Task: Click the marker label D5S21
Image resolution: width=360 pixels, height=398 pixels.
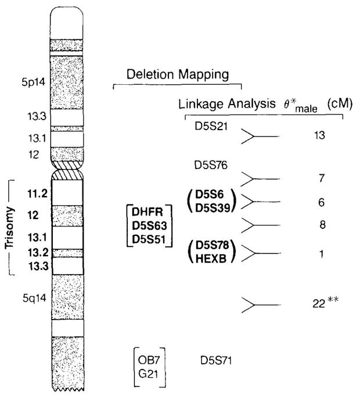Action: [x=204, y=126]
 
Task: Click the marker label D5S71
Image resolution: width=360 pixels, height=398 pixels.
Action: [x=215, y=358]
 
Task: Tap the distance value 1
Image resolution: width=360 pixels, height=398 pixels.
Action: [x=322, y=254]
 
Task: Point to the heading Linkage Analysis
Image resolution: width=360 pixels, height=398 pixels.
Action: [x=226, y=104]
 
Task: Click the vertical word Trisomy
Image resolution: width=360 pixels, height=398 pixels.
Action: [x=16, y=226]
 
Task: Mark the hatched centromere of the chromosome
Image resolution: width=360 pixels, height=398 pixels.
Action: [x=68, y=173]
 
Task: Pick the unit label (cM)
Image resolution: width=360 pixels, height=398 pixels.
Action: [x=337, y=104]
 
